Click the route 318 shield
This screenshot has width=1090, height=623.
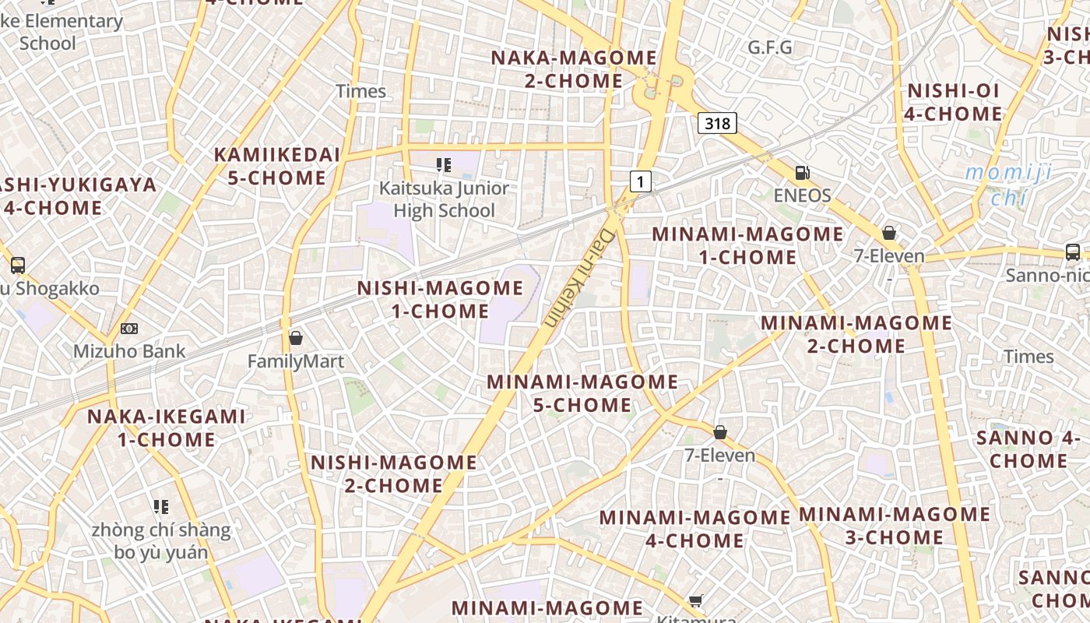tap(716, 123)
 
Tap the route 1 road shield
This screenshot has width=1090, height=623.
tap(640, 182)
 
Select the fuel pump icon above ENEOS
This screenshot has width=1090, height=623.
tap(802, 173)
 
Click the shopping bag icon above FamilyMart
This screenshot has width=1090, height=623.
tap(296, 338)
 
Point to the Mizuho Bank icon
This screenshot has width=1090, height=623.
tap(129, 329)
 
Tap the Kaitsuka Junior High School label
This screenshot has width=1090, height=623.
tap(444, 199)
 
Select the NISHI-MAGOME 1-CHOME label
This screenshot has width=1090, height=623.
tap(440, 300)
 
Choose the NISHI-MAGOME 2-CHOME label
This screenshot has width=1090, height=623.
tap(394, 473)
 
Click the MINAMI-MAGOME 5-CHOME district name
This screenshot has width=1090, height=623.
tap(582, 393)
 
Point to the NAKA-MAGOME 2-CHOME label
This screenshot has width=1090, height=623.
tap(574, 69)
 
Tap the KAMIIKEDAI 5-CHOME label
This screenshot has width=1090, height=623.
tap(277, 166)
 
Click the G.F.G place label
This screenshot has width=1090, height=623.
tap(769, 48)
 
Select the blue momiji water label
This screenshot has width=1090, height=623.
tap(1010, 184)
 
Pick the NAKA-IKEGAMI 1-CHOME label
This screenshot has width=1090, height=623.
tap(166, 428)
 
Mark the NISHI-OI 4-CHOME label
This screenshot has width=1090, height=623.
tap(953, 102)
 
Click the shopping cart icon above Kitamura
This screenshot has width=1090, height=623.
tap(696, 600)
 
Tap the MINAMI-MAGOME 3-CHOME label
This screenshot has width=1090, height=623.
tap(894, 526)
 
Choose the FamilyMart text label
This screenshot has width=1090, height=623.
tap(296, 361)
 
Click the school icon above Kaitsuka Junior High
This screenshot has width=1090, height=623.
tap(444, 164)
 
